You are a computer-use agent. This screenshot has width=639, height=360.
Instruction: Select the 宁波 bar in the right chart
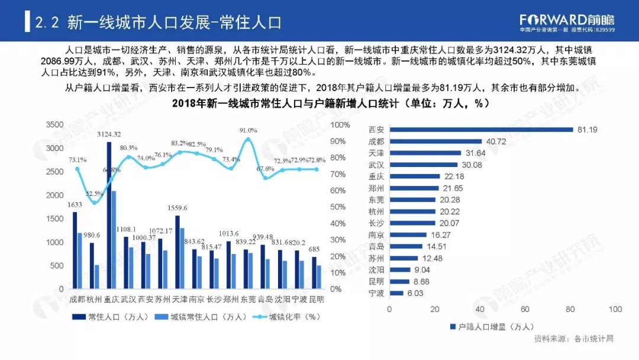click(x=396, y=293)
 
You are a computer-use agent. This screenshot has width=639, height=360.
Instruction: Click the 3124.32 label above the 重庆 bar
click(x=108, y=134)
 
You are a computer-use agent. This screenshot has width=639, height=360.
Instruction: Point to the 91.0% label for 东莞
click(x=248, y=130)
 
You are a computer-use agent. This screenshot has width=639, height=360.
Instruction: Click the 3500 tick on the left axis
click(x=54, y=125)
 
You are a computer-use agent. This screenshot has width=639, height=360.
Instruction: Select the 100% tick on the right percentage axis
click(x=341, y=125)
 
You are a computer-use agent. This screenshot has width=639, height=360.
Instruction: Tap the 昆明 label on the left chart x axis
click(x=317, y=299)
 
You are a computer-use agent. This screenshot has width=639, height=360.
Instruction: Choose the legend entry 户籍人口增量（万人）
click(x=492, y=326)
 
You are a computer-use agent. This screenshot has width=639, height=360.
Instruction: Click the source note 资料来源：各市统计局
click(x=573, y=339)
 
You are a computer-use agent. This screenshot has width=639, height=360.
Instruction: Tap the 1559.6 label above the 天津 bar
click(x=177, y=208)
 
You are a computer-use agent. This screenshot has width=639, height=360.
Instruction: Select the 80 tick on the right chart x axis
click(x=570, y=310)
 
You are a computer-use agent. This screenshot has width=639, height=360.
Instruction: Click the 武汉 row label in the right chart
click(x=376, y=165)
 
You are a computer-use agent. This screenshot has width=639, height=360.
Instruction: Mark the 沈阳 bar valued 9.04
click(x=400, y=269)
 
